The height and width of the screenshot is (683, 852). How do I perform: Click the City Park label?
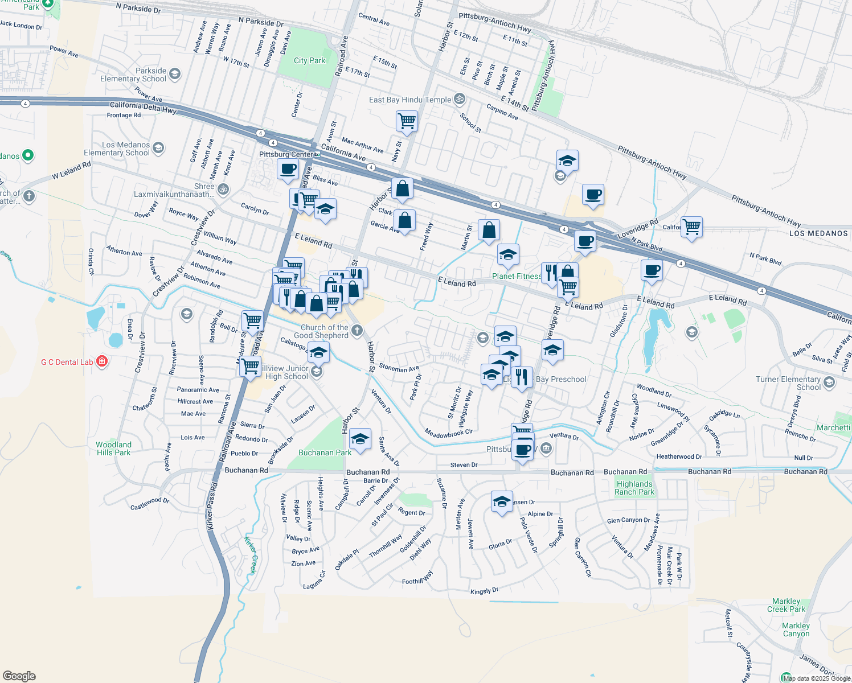309,61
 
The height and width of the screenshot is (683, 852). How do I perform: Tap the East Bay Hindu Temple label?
409,100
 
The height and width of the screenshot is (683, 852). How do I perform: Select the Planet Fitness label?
517,276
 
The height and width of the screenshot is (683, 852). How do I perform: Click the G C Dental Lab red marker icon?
102,361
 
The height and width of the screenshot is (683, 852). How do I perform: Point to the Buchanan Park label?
325,452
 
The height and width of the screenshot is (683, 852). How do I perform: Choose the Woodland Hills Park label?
113,449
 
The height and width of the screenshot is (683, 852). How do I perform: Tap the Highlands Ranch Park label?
634,488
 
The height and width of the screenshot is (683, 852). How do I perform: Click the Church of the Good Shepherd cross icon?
357,330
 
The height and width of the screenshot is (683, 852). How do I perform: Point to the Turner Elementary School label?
788,383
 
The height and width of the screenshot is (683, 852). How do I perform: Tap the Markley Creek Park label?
786,605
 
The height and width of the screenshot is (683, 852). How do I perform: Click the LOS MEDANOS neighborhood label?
818,233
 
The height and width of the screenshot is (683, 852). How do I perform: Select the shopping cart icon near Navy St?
407,120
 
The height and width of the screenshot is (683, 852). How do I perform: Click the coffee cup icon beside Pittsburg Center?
288,169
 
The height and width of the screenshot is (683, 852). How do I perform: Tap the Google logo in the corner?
19,676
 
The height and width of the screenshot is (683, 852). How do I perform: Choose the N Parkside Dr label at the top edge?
138,9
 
